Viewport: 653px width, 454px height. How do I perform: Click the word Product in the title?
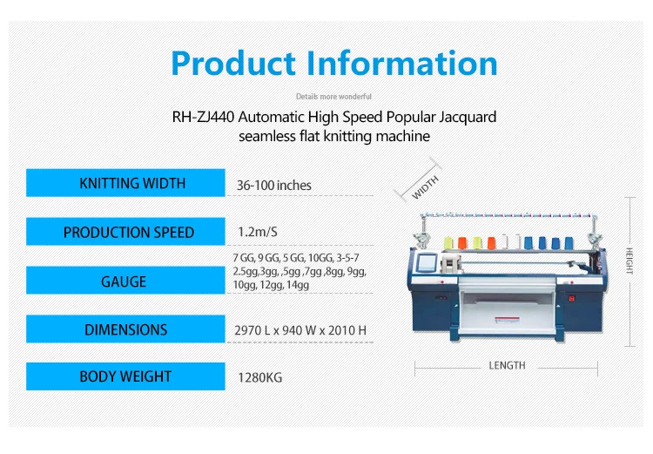pyautogui.click(x=233, y=64)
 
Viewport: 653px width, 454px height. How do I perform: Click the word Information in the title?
pyautogui.click(x=402, y=64)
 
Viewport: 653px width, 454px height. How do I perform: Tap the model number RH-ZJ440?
pyautogui.click(x=203, y=117)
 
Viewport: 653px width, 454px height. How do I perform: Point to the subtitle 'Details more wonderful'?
pyautogui.click(x=333, y=97)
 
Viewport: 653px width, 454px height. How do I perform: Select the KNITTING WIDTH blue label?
pyautogui.click(x=125, y=183)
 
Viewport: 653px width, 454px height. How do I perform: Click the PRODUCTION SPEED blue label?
pyautogui.click(x=125, y=232)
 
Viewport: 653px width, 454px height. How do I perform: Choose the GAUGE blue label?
pyautogui.click(x=125, y=280)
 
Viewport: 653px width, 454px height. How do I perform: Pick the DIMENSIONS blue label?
pyautogui.click(x=125, y=329)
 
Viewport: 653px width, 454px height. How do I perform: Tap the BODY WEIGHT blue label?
pyautogui.click(x=125, y=376)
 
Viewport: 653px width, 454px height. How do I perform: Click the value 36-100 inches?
pyautogui.click(x=274, y=185)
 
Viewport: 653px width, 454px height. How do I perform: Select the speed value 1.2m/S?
pyautogui.click(x=258, y=232)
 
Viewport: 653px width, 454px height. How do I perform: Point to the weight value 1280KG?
pyautogui.click(x=259, y=377)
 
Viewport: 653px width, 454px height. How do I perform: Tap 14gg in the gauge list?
pyautogui.click(x=298, y=285)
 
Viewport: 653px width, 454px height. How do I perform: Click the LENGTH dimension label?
pyautogui.click(x=507, y=366)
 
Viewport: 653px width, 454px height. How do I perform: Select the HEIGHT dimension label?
pyautogui.click(x=629, y=261)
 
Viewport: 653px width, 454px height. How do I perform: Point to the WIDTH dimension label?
pyautogui.click(x=425, y=187)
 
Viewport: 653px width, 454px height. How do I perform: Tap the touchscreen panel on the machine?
pyautogui.click(x=427, y=262)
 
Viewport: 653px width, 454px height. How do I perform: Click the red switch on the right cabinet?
pyautogui.click(x=572, y=299)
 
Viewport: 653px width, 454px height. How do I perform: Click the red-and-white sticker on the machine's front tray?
pyautogui.click(x=507, y=320)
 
